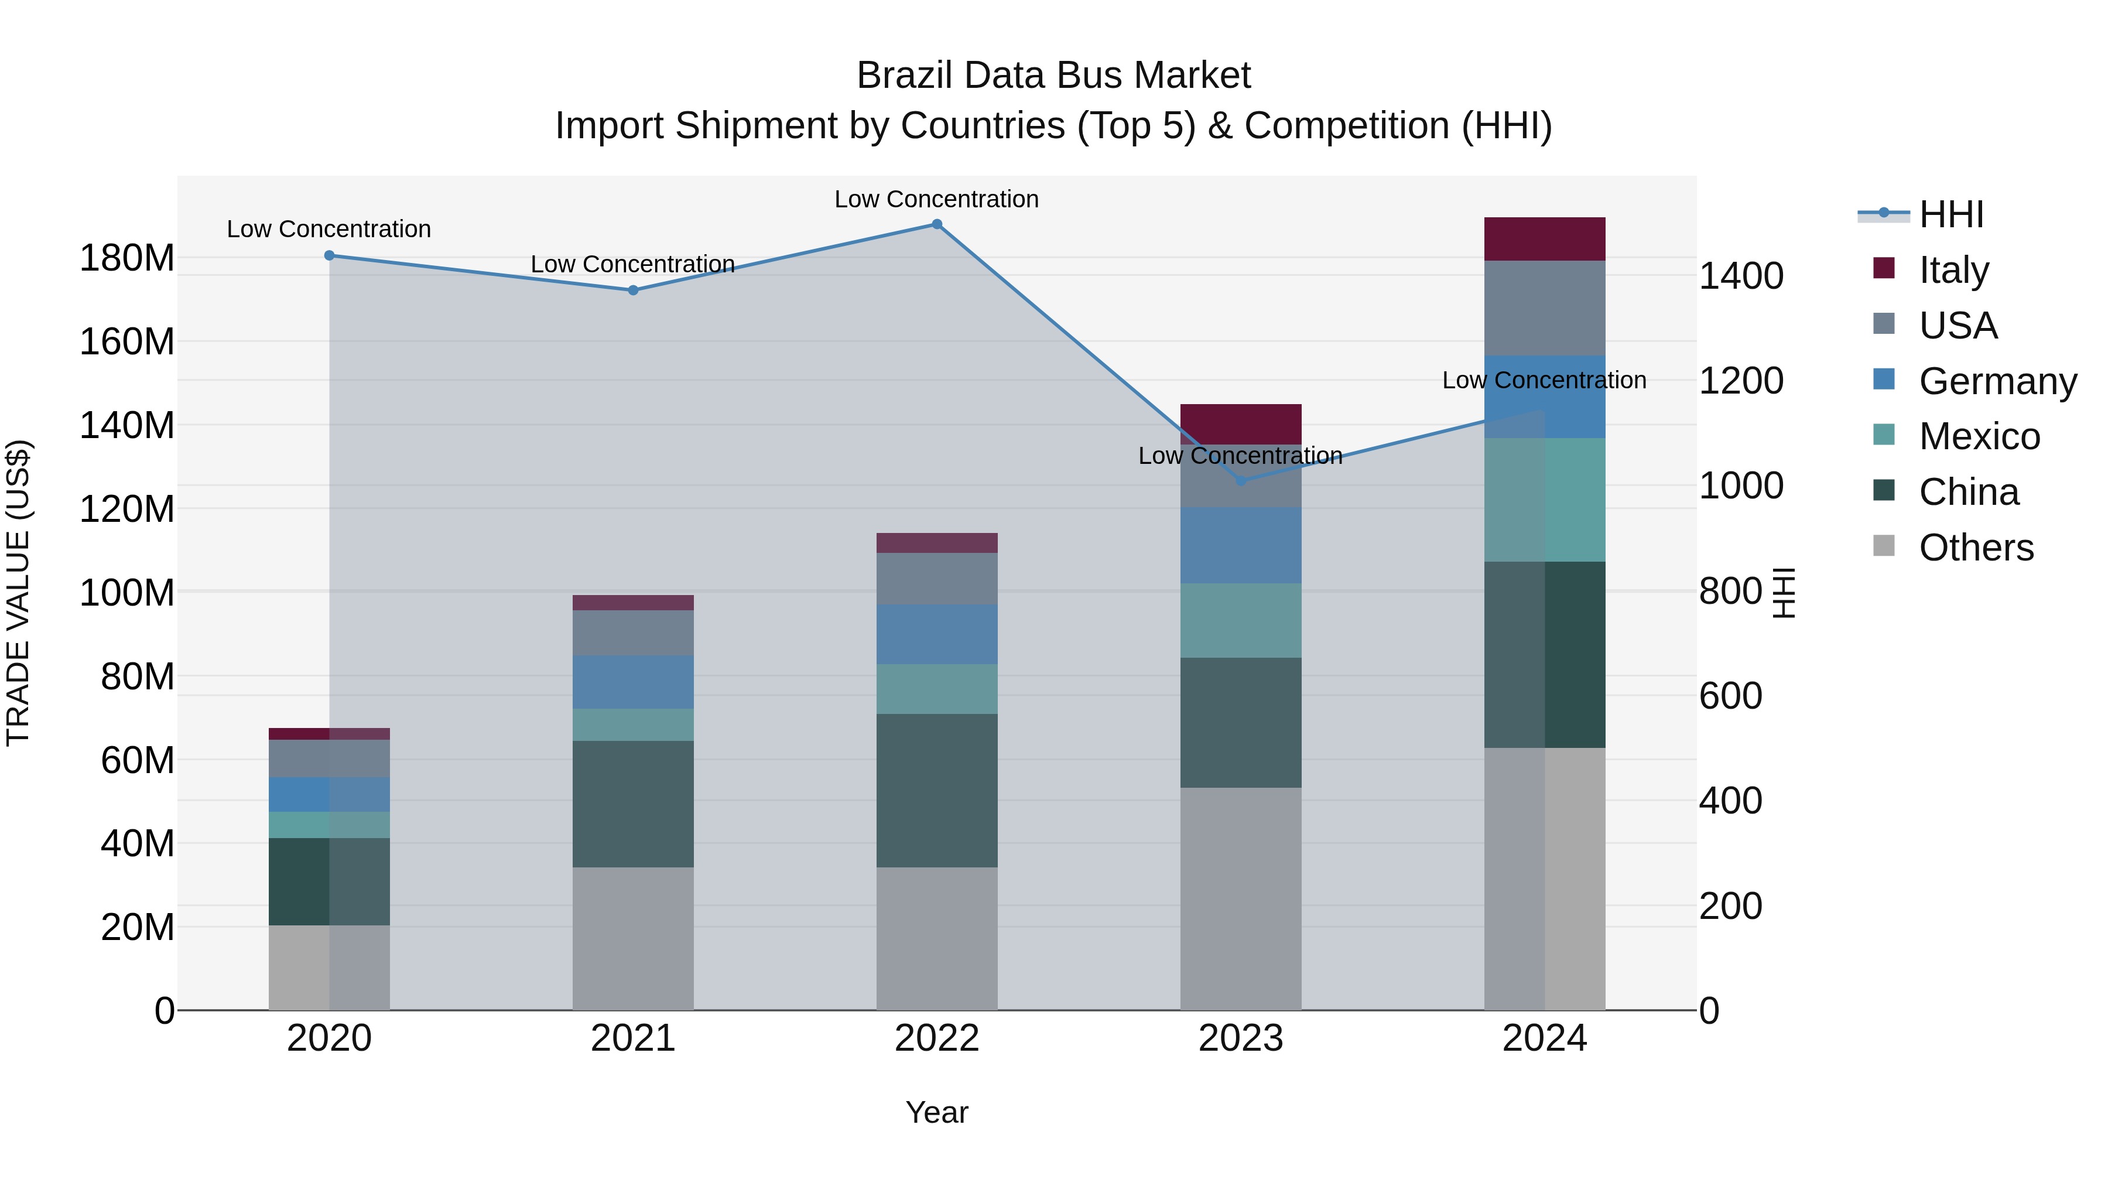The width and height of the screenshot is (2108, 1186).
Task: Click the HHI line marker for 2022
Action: coord(937,224)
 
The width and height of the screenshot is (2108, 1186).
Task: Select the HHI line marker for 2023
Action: coord(1241,480)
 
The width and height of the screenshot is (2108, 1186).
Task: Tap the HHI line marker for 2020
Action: coord(330,255)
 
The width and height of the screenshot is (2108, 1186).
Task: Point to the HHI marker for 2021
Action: coord(632,290)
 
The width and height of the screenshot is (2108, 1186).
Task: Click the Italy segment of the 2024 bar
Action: coord(1544,239)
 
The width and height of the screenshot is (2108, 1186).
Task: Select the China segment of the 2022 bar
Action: coord(937,790)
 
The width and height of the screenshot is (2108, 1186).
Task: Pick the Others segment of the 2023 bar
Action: coord(1241,898)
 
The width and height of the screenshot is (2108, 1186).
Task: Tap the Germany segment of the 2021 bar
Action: coord(632,682)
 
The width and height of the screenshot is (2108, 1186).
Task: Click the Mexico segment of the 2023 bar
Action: coord(1241,620)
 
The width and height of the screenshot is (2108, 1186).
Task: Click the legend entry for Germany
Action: coord(1997,381)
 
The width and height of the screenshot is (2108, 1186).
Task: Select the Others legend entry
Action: coord(1976,548)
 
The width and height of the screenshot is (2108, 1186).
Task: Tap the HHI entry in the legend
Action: coord(1951,214)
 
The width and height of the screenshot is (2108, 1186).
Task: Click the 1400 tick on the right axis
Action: coord(1741,276)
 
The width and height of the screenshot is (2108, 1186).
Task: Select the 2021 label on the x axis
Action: coord(632,1038)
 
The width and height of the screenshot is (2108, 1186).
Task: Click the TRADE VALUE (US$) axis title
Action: coord(18,593)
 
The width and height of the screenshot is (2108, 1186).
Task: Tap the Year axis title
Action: coord(937,1112)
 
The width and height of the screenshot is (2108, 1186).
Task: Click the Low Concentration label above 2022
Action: coord(936,199)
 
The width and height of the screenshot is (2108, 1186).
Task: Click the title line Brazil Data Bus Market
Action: coord(1053,76)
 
